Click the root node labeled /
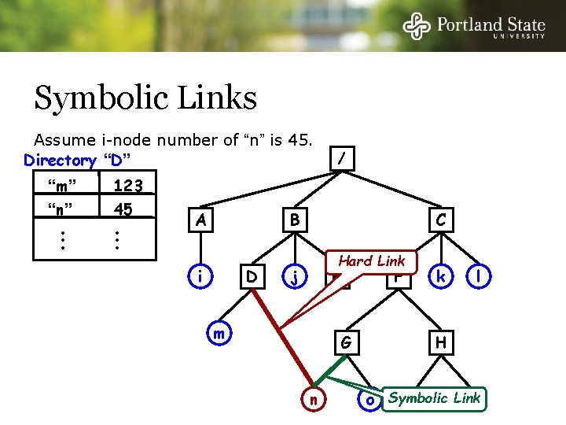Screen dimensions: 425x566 click(340, 159)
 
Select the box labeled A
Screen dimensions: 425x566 click(202, 220)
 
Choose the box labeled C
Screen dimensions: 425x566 click(441, 220)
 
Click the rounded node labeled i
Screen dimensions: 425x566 click(202, 277)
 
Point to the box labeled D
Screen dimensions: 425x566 click(252, 277)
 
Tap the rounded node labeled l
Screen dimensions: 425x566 click(479, 277)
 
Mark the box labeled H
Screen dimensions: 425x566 click(441, 342)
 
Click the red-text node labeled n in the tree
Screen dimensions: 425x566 click(313, 399)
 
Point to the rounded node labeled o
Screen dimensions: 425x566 click(369, 399)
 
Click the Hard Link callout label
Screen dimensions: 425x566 click(371, 261)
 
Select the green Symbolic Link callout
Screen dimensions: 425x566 click(434, 398)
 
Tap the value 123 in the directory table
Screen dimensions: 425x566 click(127, 187)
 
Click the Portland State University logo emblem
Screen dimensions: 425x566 click(417, 26)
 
